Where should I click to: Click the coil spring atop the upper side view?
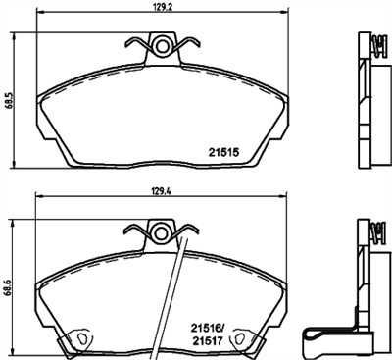coord(373,43)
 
